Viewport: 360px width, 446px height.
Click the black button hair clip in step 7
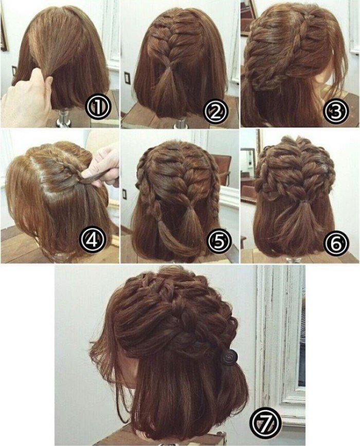tap(227, 356)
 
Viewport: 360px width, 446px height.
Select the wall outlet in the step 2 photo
tap(127, 78)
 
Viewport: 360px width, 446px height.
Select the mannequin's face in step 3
tap(329, 77)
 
